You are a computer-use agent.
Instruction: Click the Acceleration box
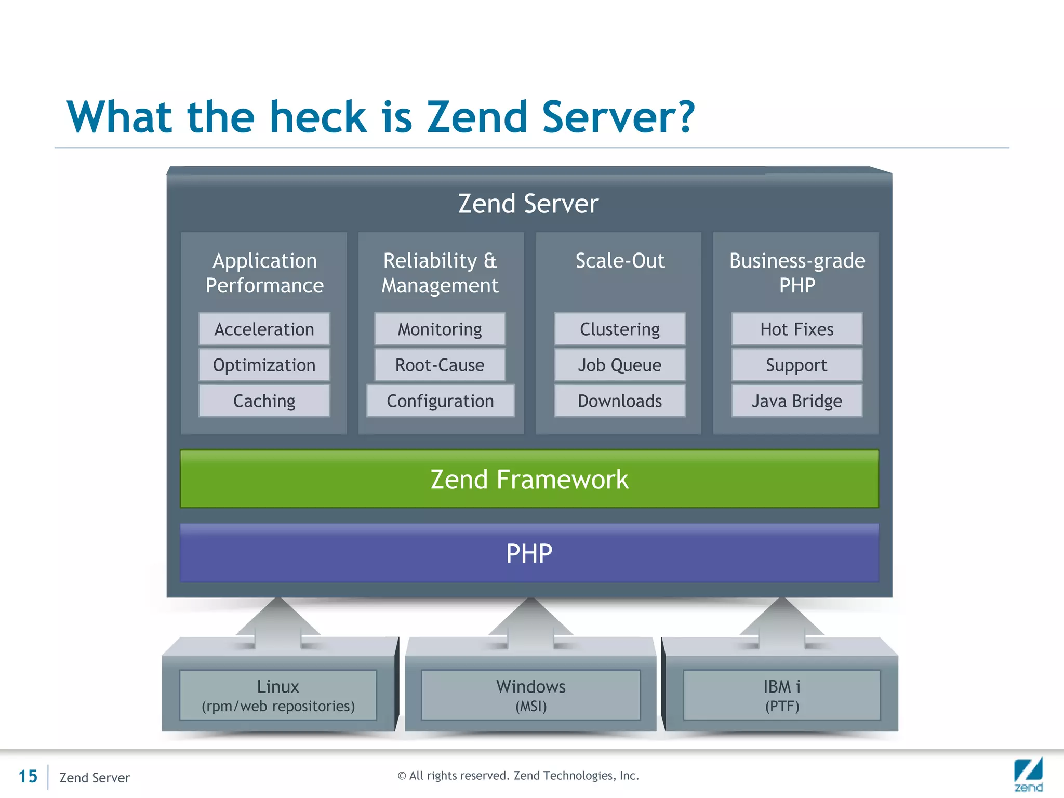tap(264, 329)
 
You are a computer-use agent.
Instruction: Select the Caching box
tap(264, 401)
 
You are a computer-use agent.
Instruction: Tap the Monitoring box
tap(440, 329)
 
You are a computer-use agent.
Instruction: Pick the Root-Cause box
tap(440, 365)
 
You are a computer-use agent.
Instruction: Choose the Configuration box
tap(440, 401)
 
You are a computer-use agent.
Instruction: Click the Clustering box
tap(619, 329)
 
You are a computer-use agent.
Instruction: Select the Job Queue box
tap(619, 365)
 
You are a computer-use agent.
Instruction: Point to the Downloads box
tap(619, 401)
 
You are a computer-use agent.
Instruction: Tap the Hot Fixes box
tap(796, 329)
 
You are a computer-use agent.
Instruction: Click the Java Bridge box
tap(796, 401)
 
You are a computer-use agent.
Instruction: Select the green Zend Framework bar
tap(529, 479)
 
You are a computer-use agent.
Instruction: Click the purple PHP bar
tap(529, 553)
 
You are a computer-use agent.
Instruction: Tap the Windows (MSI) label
tap(530, 695)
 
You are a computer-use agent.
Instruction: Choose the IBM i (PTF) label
tap(781, 695)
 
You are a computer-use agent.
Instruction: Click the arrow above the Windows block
tap(530, 621)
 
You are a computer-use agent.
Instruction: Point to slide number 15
tap(28, 777)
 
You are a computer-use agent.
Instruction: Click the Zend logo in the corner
tap(1028, 774)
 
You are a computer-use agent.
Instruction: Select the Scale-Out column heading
tap(619, 261)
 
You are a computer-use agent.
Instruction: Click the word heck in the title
tap(318, 117)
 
